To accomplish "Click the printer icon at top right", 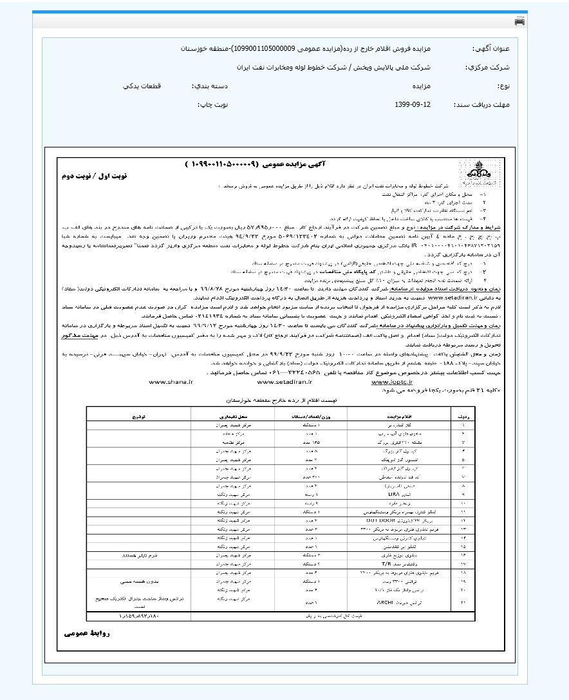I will click(x=519, y=21).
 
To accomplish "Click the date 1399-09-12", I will click(x=411, y=104).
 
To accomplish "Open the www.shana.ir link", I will click(x=171, y=381).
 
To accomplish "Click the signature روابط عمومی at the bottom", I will click(x=88, y=634).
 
